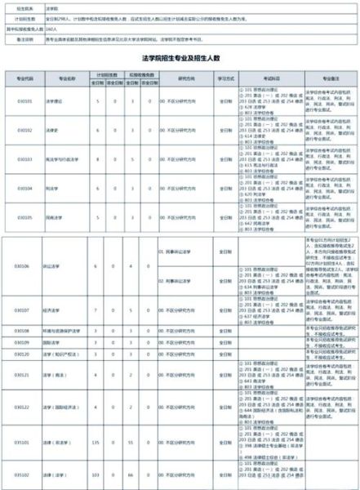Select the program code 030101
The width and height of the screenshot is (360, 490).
(x=25, y=102)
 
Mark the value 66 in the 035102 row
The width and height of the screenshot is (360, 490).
(x=131, y=473)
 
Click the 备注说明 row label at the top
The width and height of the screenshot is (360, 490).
(x=17, y=38)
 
